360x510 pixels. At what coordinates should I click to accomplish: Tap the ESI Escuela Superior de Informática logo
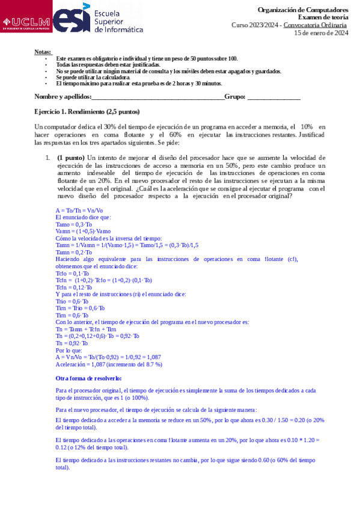[x=99, y=20]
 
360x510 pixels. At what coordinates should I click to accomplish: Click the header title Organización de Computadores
[x=302, y=10]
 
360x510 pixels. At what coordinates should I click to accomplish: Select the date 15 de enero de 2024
[x=321, y=32]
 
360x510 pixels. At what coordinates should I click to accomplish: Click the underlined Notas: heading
[x=43, y=52]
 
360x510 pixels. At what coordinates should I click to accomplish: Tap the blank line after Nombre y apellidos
[x=157, y=97]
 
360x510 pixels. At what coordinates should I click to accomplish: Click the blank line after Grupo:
[x=273, y=97]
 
